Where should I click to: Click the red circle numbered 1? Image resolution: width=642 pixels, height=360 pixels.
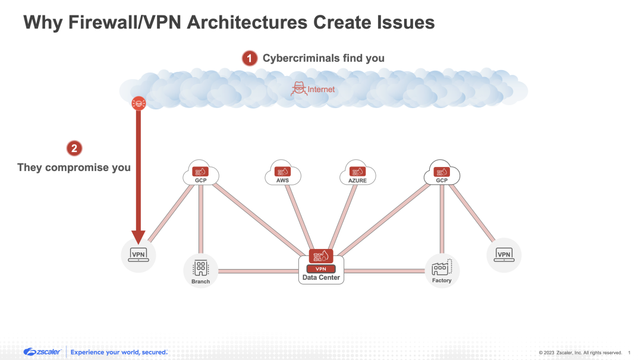point(250,58)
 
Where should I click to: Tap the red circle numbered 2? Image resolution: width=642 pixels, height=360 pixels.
point(73,149)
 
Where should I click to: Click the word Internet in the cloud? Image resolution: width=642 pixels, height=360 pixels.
point(321,90)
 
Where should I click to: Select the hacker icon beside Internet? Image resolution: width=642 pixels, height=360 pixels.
point(298,89)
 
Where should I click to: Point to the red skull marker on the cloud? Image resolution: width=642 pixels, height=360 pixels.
point(139,103)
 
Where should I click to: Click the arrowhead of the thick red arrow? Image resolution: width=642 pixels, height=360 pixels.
point(139,238)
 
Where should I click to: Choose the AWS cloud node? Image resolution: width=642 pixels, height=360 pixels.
point(282,174)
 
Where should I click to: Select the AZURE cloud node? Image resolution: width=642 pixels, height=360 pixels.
point(357,174)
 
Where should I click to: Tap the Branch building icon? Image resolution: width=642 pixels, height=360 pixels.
point(201,269)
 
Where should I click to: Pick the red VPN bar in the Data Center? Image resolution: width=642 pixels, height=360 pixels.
point(321,269)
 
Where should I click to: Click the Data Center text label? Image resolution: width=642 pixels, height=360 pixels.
point(321,277)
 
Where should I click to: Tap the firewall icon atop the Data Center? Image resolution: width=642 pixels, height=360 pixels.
point(321,256)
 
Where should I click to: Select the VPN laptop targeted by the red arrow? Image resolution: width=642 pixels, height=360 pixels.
point(139,255)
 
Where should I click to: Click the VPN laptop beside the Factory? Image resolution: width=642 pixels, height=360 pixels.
point(503,255)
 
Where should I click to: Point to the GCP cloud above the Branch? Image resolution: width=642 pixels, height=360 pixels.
point(201,173)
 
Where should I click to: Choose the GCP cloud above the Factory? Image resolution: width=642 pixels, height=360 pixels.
point(442,173)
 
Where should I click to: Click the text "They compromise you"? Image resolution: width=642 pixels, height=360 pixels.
point(74,168)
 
